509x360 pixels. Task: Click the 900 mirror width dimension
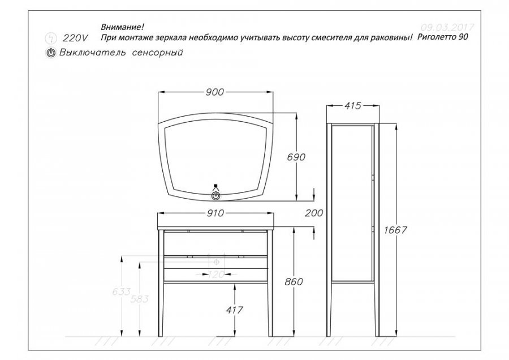[214, 92]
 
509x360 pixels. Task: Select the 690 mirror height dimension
[296, 157]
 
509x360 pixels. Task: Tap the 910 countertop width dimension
[215, 213]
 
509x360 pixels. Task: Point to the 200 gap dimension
[314, 213]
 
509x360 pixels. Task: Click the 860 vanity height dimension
[294, 282]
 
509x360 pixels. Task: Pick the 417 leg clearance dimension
[234, 310]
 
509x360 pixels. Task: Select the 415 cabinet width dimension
[352, 106]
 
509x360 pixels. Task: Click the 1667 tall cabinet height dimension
[395, 230]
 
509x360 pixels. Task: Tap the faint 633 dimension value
[122, 292]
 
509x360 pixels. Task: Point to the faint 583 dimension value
[139, 299]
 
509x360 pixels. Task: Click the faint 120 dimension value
[216, 275]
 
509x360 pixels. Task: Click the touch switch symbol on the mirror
[215, 196]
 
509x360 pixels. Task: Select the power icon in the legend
[51, 53]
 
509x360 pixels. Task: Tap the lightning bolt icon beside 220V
[51, 38]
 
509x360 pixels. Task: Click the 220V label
[75, 38]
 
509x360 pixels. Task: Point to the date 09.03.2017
[447, 27]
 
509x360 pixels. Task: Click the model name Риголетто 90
[443, 37]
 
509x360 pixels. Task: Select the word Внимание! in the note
[122, 27]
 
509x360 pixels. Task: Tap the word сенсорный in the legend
[157, 52]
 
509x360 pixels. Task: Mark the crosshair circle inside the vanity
[217, 262]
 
